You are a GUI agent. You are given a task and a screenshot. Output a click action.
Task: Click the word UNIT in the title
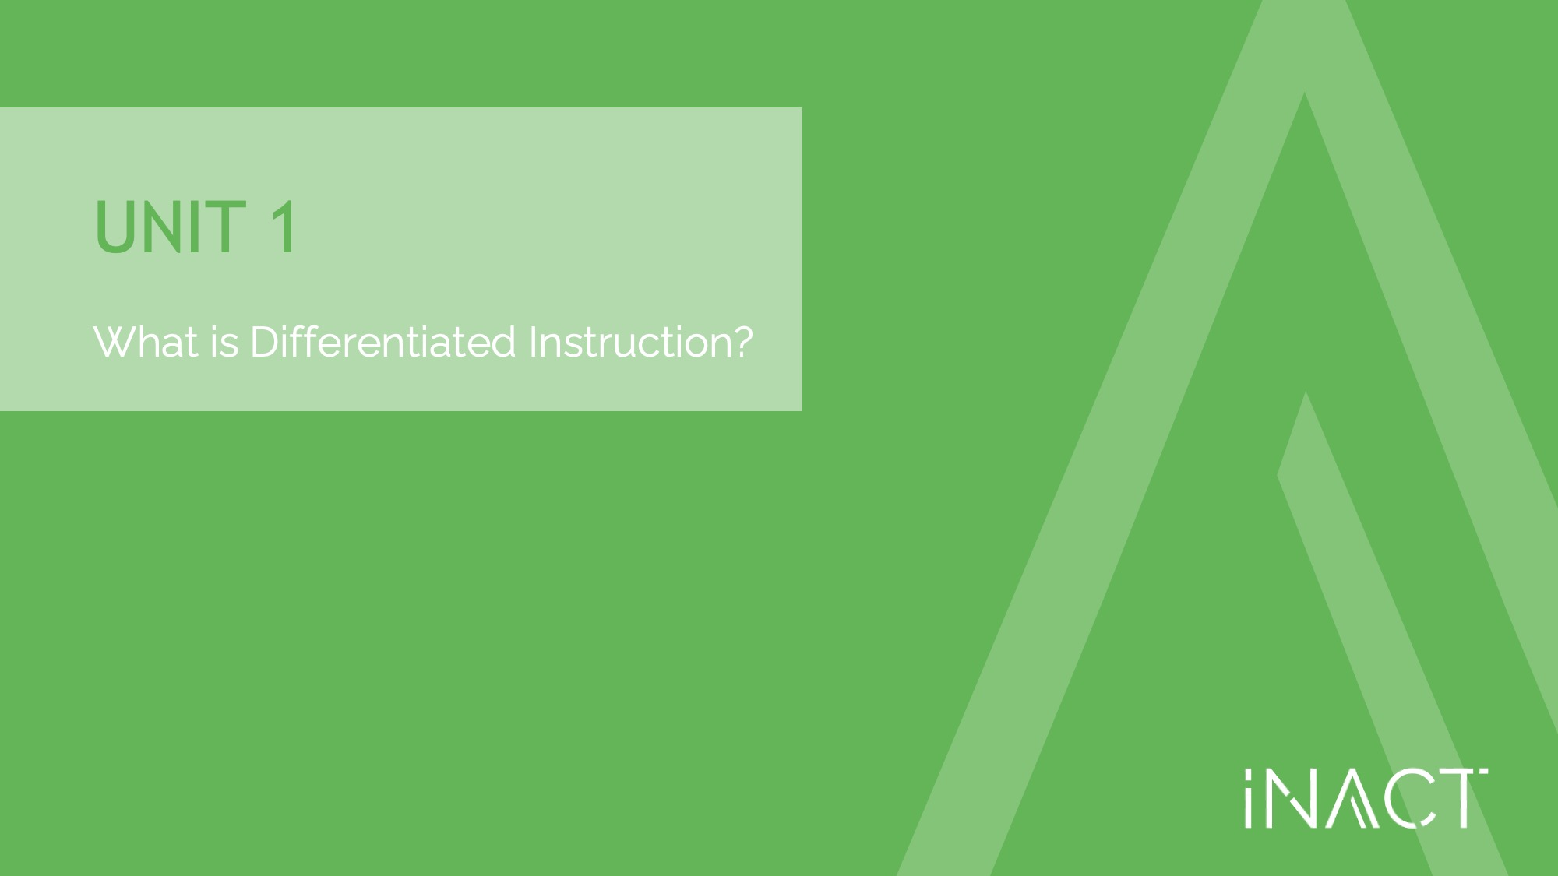click(x=171, y=227)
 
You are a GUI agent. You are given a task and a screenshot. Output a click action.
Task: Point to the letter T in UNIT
click(x=227, y=227)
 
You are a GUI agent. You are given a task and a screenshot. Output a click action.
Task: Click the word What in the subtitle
click(x=146, y=342)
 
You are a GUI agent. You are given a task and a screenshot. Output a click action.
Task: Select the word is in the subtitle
click(x=224, y=343)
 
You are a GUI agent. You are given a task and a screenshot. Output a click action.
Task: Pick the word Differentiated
click(x=383, y=342)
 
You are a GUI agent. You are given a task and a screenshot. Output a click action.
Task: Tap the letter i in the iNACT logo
click(x=1249, y=798)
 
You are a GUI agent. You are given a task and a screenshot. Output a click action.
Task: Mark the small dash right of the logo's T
click(x=1484, y=772)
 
